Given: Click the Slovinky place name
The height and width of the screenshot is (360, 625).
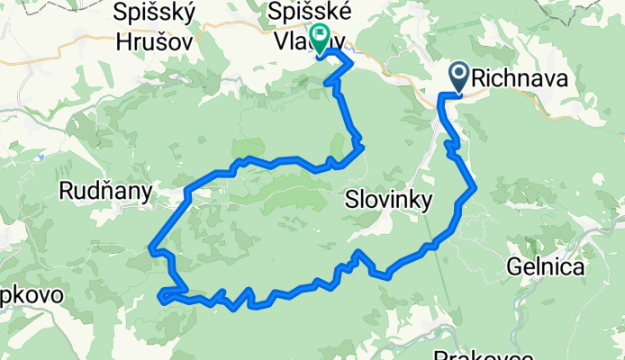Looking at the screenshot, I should pos(389,200).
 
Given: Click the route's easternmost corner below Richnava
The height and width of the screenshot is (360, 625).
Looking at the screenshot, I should pos(475,187).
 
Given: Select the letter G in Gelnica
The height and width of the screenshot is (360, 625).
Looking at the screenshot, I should pos(514,267).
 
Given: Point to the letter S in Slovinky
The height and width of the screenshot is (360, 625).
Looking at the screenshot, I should pos(351,200).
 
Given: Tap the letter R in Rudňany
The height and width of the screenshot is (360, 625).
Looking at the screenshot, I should pos(65,190).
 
